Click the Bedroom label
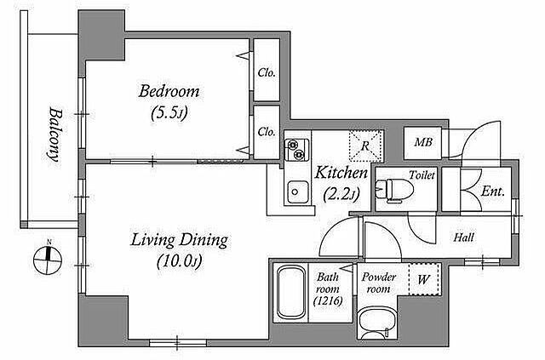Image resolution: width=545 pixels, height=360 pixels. point(169,92)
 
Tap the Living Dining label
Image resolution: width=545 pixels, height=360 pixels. point(180,241)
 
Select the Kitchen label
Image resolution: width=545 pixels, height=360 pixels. point(341,173)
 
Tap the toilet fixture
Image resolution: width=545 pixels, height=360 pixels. point(395,190)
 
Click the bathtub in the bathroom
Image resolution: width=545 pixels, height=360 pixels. point(291,293)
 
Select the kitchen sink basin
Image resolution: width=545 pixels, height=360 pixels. point(297,192)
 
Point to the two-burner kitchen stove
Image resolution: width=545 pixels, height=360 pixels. point(297,150)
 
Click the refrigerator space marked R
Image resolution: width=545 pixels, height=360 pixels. point(366,146)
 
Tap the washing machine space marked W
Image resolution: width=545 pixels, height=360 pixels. point(424,279)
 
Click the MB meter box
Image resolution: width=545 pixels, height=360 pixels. point(422,143)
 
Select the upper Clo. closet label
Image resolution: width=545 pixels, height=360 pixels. point(267,73)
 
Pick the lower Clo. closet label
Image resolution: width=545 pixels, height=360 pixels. point(267,132)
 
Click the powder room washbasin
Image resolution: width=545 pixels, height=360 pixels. point(377,323)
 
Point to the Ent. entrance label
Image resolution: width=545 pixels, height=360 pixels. point(493,191)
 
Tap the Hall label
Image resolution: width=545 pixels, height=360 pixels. point(464,237)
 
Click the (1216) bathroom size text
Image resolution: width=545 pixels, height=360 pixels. point(328,301)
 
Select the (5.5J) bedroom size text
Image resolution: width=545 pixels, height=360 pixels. point(169,113)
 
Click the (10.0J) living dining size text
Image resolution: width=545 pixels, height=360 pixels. point(180,261)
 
